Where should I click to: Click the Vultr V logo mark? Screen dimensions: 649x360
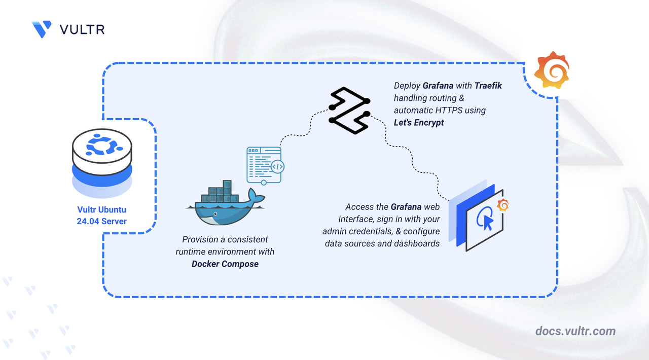(42, 29)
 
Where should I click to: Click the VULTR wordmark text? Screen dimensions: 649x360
(82, 29)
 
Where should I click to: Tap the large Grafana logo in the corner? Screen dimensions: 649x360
(552, 70)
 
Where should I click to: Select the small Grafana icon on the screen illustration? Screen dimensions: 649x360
(503, 205)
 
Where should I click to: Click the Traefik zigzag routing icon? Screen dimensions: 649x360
(349, 111)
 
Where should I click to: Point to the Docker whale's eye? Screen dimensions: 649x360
(215, 214)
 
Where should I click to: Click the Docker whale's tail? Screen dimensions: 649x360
(256, 197)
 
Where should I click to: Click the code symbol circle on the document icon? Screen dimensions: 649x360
(277, 167)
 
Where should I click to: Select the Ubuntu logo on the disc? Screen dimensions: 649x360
(101, 145)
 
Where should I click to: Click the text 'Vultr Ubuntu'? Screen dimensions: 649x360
(102, 209)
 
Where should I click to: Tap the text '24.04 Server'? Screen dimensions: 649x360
(102, 222)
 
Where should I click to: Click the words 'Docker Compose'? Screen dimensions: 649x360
(225, 264)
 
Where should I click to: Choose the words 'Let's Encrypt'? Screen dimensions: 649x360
(419, 123)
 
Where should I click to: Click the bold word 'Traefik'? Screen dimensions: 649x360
(488, 86)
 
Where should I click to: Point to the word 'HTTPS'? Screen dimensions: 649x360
(449, 111)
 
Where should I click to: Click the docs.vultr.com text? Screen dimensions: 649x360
(575, 331)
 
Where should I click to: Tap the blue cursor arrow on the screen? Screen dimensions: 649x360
(488, 223)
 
